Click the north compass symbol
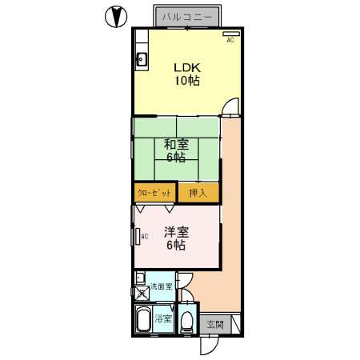click(x=116, y=17)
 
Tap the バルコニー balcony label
click(x=187, y=18)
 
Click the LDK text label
click(x=187, y=68)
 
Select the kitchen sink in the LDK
click(x=142, y=59)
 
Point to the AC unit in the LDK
click(x=231, y=34)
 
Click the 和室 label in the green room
click(x=176, y=144)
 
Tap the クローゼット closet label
click(x=154, y=193)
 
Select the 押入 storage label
click(x=198, y=193)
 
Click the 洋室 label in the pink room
click(x=176, y=232)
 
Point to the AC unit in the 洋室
click(x=138, y=237)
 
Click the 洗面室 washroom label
click(x=161, y=286)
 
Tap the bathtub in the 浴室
click(x=143, y=319)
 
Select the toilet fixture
click(x=186, y=322)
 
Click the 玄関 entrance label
click(x=215, y=325)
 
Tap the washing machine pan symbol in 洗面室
click(x=142, y=293)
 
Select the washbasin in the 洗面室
click(x=140, y=278)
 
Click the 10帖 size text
click(x=187, y=80)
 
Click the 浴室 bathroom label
click(x=163, y=318)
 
